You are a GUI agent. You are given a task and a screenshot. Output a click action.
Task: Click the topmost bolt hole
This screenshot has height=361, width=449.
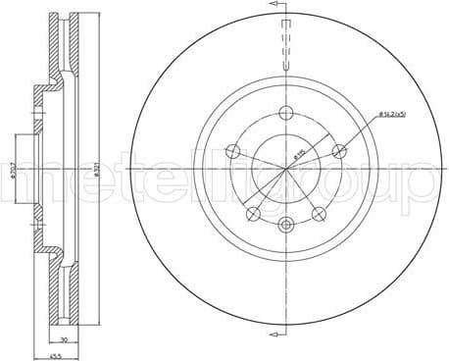point(286,111)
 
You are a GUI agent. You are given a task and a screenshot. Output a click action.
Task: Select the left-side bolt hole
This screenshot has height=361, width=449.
point(232,151)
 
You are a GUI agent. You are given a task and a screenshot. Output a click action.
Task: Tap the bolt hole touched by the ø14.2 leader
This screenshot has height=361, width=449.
point(339,151)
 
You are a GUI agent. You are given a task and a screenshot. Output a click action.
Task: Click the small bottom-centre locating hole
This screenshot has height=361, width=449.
point(286,226)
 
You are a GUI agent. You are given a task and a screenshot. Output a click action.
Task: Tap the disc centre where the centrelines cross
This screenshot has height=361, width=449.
point(286,168)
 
